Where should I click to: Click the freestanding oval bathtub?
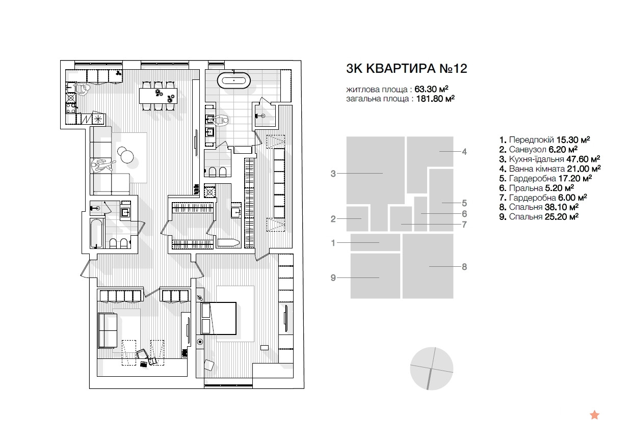(234, 81)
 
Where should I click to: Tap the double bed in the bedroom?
(219, 318)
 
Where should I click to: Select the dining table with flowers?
(159, 96)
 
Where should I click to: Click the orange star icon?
(594, 415)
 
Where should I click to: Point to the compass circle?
(431, 368)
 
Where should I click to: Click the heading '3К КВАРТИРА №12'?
(406, 69)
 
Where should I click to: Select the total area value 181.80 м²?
(435, 99)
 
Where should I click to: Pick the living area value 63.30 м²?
(431, 89)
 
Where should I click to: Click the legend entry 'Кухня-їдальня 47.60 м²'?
(549, 159)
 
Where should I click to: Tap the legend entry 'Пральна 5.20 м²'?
(536, 188)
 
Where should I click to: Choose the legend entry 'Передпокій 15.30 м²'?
(544, 139)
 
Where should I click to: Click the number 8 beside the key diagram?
(464, 267)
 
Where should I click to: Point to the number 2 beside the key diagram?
(333, 219)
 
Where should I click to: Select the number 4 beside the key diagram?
(464, 152)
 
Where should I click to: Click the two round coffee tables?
(125, 155)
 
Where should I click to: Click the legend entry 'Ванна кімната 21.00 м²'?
(550, 169)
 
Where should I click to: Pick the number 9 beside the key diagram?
(333, 278)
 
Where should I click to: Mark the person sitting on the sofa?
(102, 165)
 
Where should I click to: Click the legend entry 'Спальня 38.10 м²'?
(539, 207)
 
